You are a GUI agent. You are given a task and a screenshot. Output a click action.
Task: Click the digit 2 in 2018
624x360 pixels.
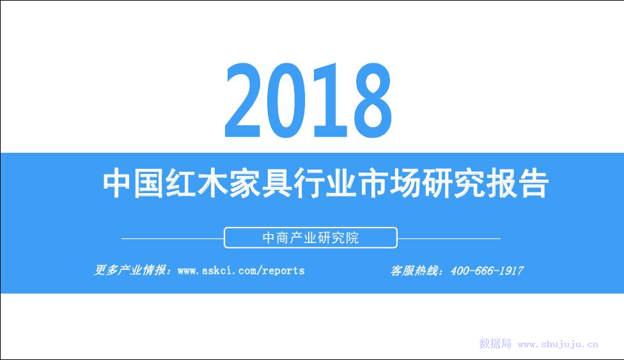click(x=244, y=100)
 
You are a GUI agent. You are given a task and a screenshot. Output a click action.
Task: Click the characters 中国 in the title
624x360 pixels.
click(x=134, y=184)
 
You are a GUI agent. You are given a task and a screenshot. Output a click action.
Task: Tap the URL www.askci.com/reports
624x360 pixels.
click(x=241, y=270)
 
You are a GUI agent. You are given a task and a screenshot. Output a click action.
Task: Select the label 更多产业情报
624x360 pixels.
click(x=130, y=270)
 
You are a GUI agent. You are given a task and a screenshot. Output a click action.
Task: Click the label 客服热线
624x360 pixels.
click(x=414, y=270)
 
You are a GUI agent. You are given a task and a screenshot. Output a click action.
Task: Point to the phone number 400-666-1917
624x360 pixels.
click(x=487, y=270)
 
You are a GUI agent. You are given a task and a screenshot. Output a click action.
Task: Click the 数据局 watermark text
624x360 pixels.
click(x=495, y=343)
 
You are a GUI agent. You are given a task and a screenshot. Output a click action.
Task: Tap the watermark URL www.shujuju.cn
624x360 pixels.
click(x=558, y=344)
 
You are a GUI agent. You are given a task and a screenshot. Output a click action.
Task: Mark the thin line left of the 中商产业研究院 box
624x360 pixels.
click(x=173, y=239)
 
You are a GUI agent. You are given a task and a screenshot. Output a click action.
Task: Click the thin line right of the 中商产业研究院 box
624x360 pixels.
click(x=449, y=239)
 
